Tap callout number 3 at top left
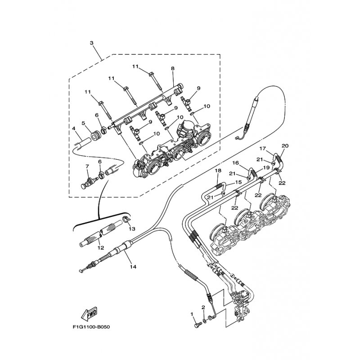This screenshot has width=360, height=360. [x=91, y=43]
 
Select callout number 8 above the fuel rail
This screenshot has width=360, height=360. [x=172, y=68]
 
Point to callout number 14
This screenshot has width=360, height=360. [x=133, y=267]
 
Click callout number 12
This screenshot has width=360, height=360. [x=101, y=248]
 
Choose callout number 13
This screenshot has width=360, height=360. [x=132, y=229]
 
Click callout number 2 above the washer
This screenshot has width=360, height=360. [x=203, y=307]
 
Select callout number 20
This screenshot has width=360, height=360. [x=285, y=146]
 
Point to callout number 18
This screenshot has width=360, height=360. [x=218, y=171]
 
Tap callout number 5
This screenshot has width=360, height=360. [x=83, y=123]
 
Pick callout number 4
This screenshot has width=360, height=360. [x=74, y=129]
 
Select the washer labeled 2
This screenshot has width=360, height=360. [x=204, y=320]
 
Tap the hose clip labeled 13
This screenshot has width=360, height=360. [x=126, y=219]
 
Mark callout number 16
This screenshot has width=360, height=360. [x=235, y=163]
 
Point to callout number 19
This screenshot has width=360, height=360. [x=266, y=167]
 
